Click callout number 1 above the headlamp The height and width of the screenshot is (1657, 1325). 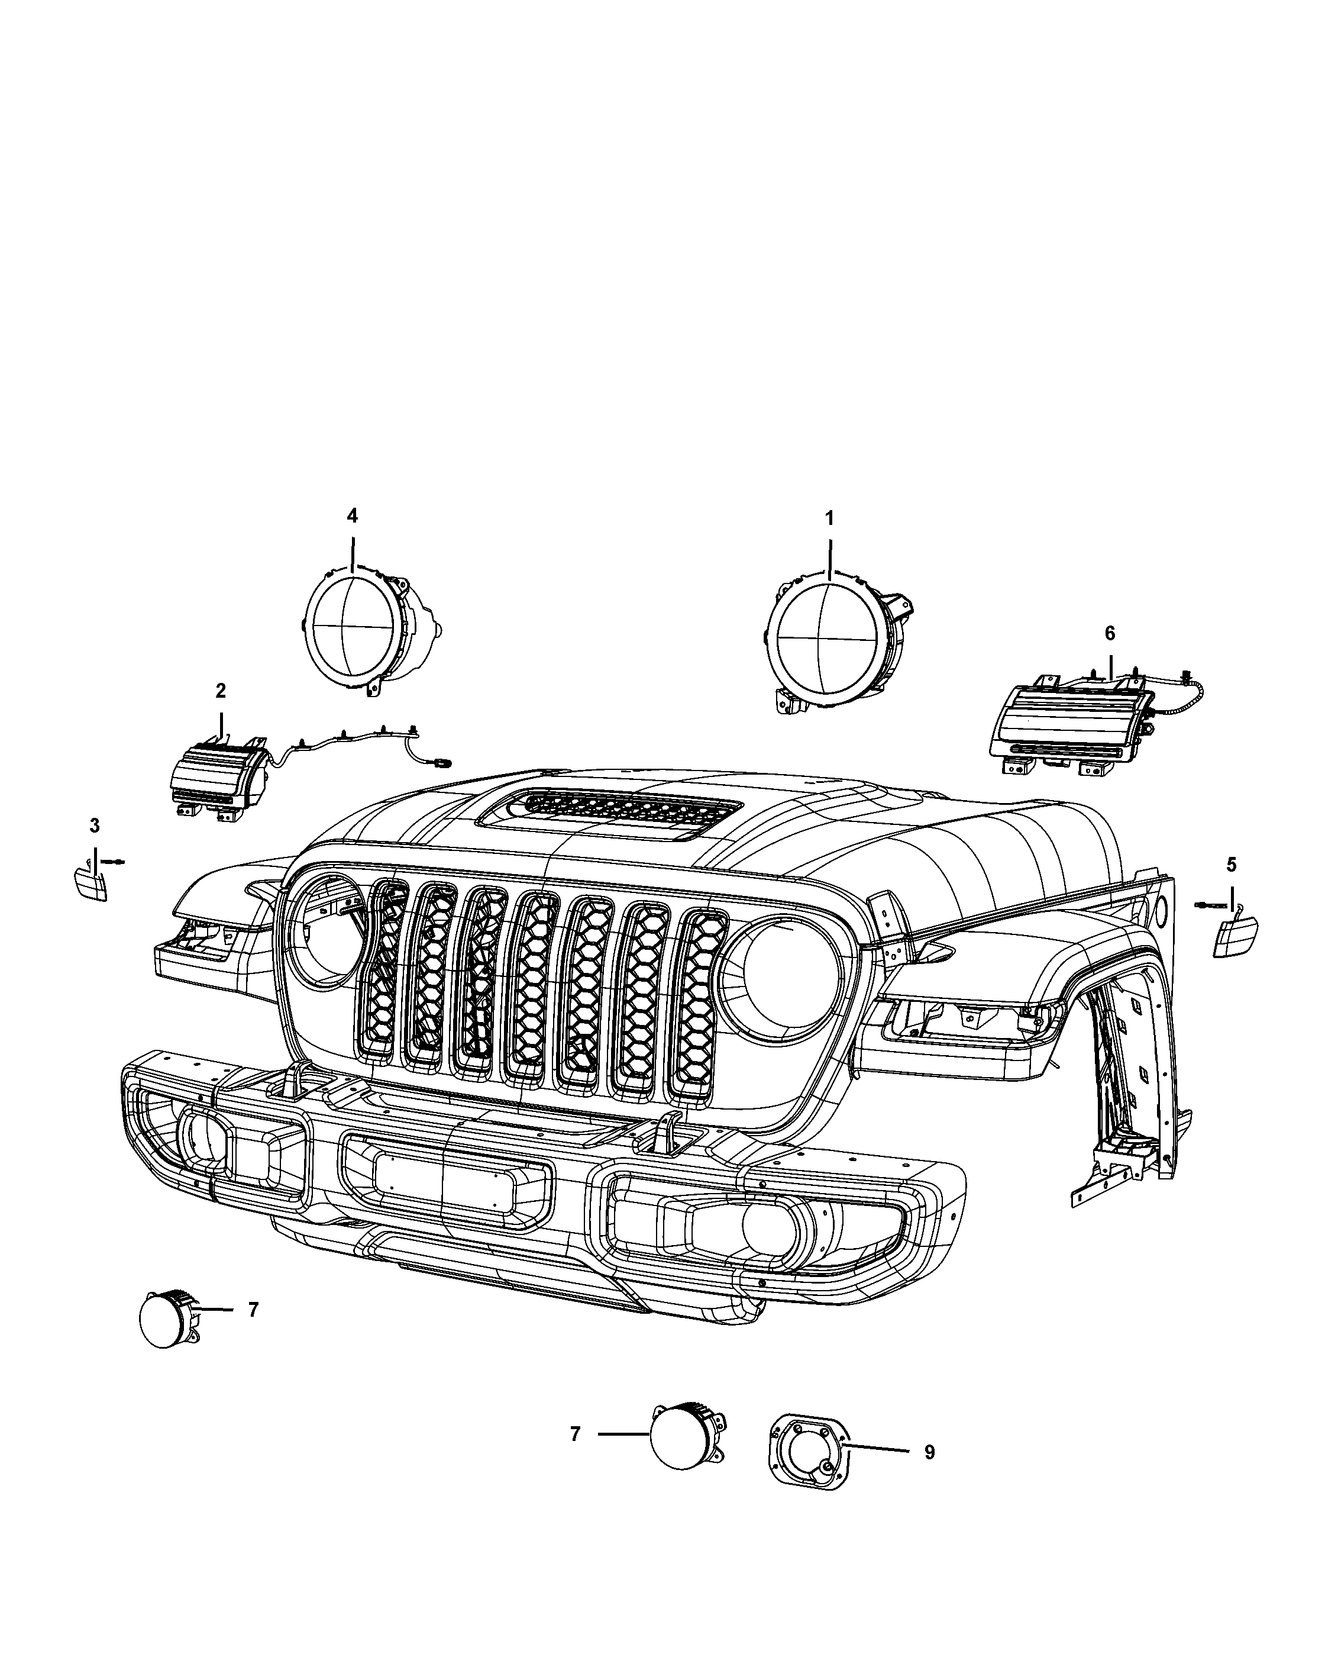pos(829,519)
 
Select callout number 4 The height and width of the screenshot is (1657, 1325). pos(352,515)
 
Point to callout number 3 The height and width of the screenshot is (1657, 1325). pos(95,826)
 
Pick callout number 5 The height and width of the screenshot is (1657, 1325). pos(1232,865)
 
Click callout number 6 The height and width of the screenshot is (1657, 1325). pos(1109,633)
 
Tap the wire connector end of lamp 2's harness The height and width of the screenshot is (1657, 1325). pos(442,762)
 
